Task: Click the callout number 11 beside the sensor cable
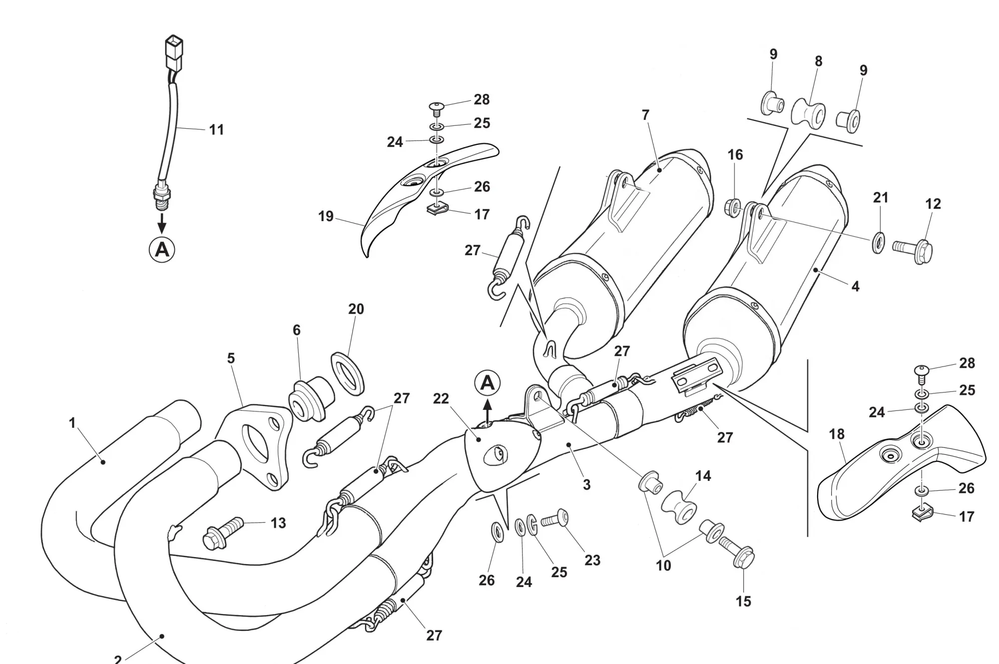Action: click(216, 130)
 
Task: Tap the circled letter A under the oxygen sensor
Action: click(162, 249)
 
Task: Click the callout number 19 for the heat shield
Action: click(326, 216)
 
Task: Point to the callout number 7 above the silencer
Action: click(645, 115)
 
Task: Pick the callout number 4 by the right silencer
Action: click(855, 286)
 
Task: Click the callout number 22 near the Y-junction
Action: click(441, 398)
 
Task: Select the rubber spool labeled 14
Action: click(679, 507)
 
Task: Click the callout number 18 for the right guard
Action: click(837, 434)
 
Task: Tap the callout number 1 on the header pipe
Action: click(72, 423)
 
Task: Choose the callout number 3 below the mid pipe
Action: click(586, 484)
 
